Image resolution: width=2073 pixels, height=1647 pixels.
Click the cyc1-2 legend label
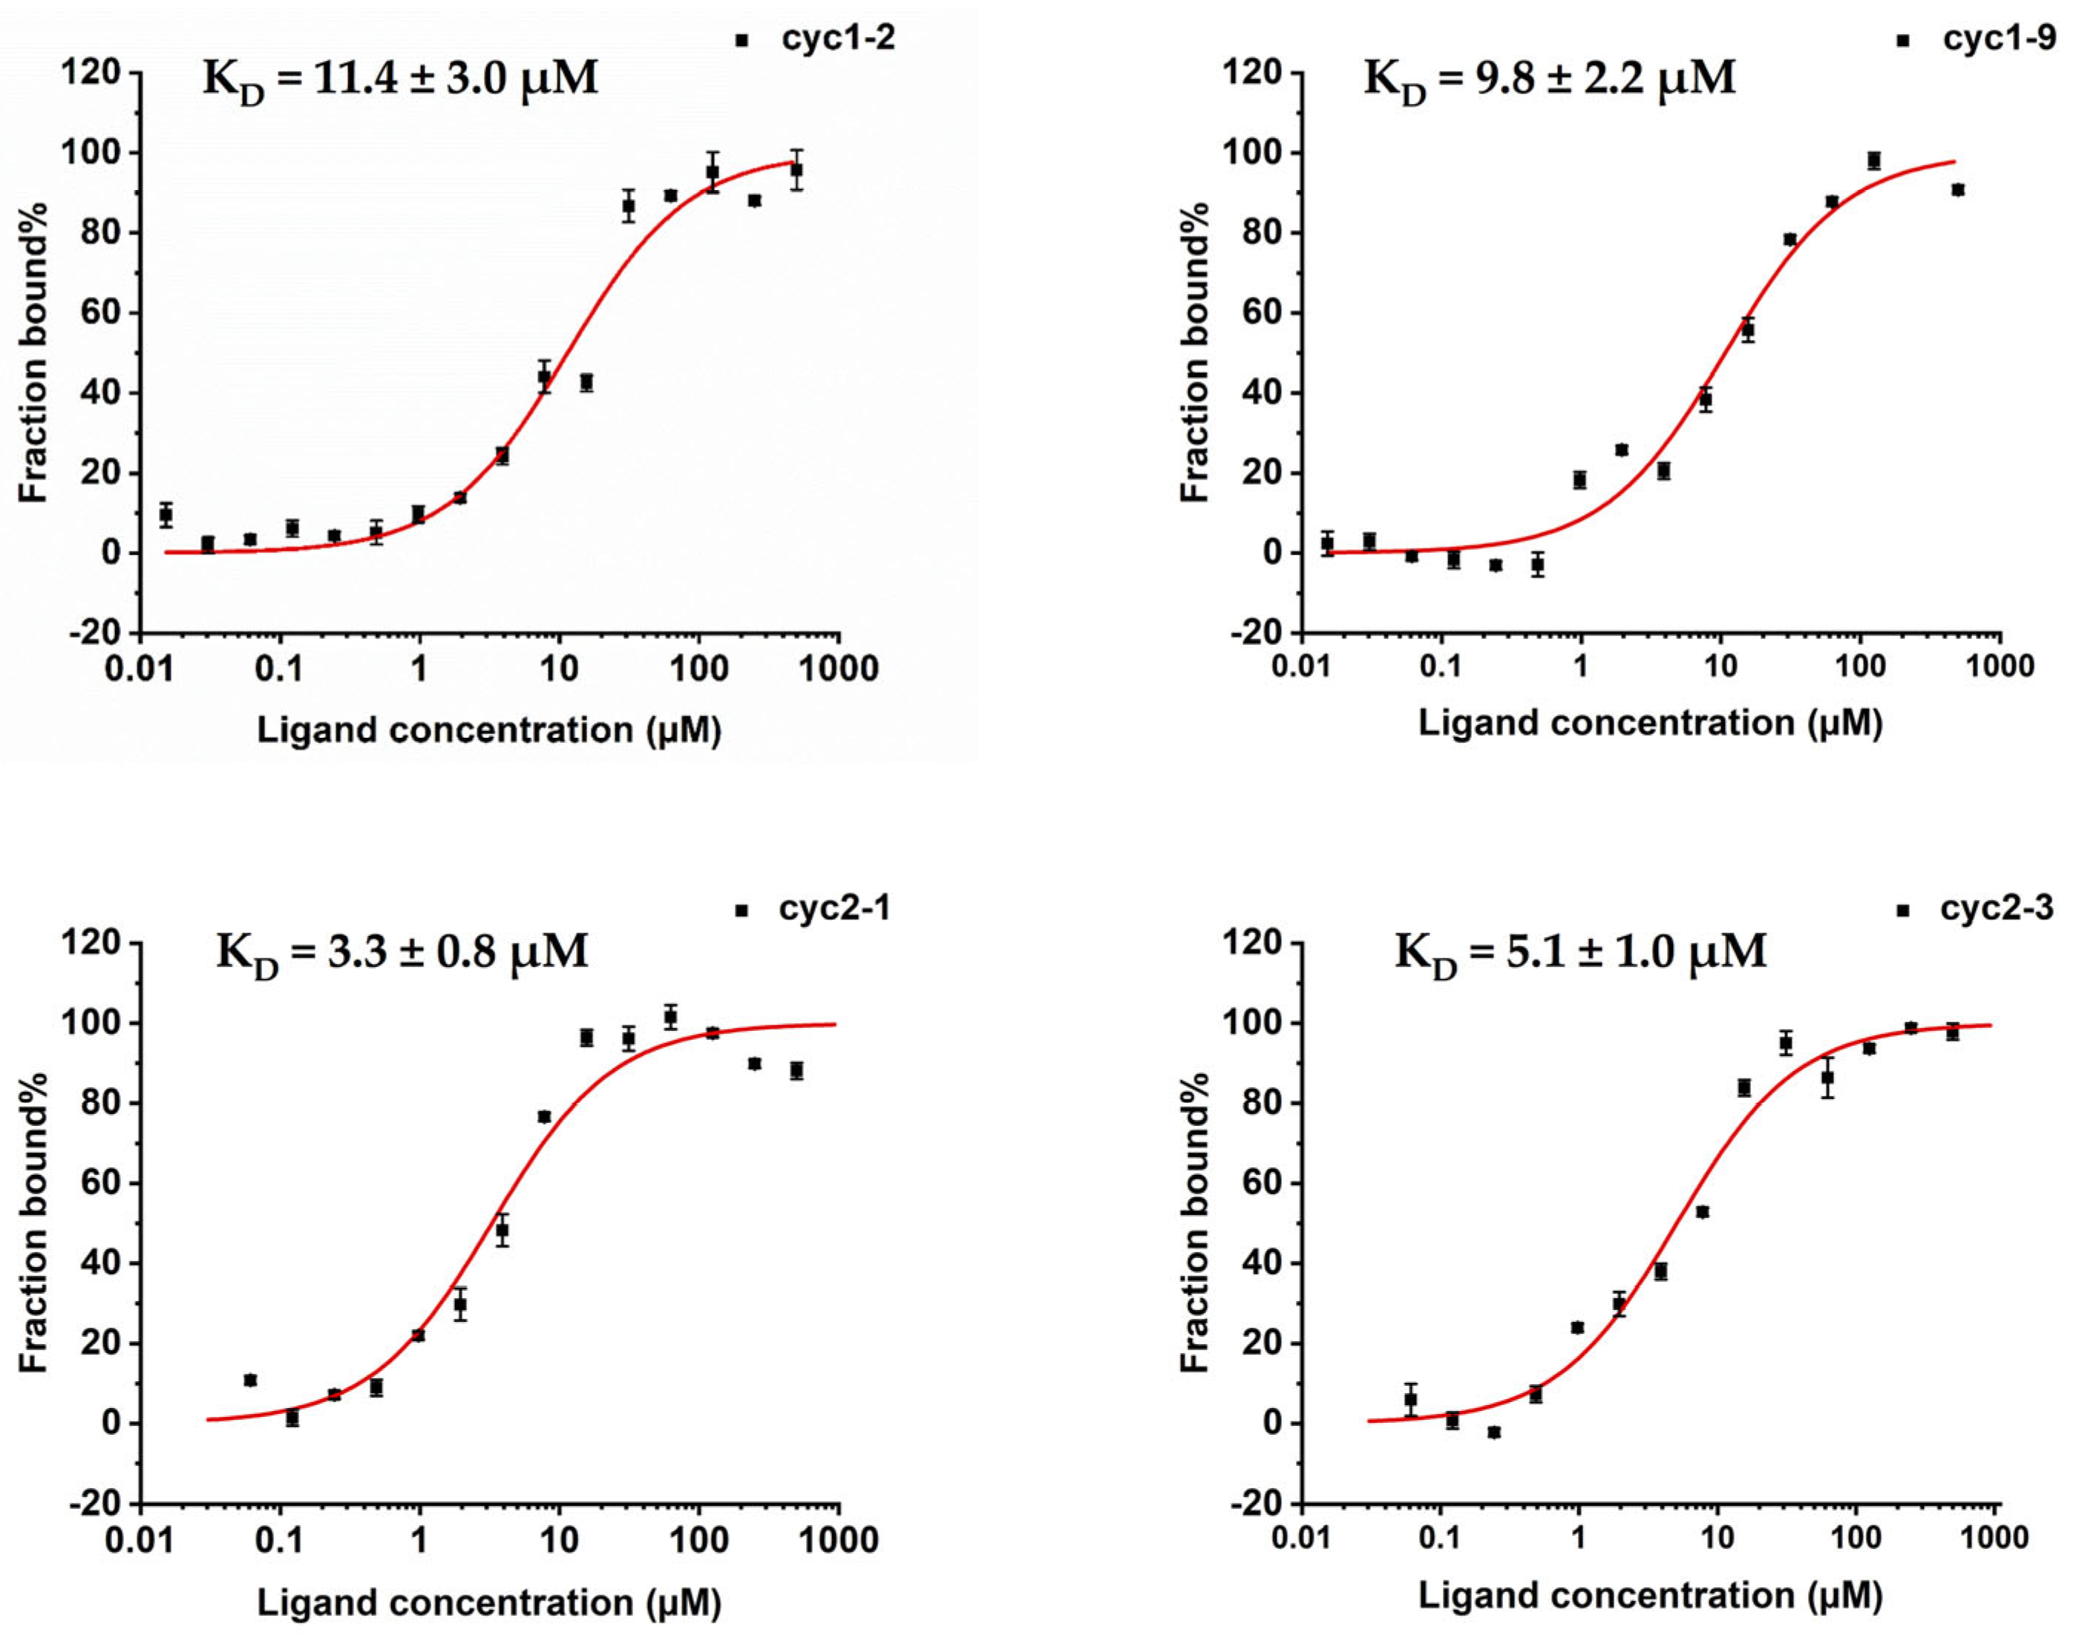(837, 39)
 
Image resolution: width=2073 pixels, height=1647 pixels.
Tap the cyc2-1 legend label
(834, 908)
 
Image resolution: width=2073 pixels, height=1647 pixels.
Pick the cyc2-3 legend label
(1996, 908)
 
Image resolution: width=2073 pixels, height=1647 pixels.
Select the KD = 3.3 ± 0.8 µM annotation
(402, 952)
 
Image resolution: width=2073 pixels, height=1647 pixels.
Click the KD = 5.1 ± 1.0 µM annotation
(1581, 952)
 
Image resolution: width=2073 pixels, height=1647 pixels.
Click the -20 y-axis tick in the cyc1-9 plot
(1253, 632)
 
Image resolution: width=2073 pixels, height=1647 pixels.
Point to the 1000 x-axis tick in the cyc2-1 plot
(839, 1539)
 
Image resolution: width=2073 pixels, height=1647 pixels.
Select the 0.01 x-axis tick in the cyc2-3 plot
(1303, 1536)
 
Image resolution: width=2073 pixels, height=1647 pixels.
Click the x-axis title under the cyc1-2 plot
(488, 730)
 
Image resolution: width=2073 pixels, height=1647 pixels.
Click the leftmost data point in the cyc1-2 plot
(166, 515)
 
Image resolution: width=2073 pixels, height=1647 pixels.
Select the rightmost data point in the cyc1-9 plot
(1958, 190)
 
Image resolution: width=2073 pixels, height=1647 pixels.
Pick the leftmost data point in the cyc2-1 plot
(250, 1381)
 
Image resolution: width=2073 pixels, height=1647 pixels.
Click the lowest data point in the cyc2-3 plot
(1493, 1432)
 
